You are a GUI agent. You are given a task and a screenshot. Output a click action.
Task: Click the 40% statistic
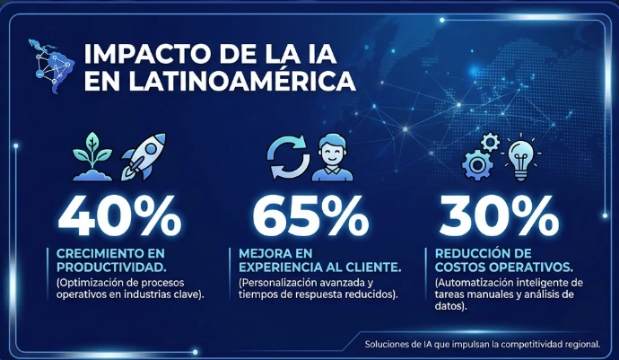click(119, 216)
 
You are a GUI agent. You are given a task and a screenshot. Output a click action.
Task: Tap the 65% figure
click(310, 216)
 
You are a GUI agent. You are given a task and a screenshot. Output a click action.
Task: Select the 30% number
click(499, 216)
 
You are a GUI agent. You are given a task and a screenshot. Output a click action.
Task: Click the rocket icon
click(144, 156)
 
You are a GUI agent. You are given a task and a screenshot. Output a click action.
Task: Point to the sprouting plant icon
click(92, 156)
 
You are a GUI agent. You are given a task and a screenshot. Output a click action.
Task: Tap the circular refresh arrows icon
click(288, 157)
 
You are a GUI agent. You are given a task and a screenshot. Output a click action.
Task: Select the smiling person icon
click(333, 157)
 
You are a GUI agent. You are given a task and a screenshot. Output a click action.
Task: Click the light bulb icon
click(520, 159)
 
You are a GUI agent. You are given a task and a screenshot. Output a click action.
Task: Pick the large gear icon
click(477, 165)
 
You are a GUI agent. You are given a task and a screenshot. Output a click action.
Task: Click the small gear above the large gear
click(490, 142)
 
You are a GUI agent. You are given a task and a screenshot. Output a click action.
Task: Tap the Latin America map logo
click(52, 66)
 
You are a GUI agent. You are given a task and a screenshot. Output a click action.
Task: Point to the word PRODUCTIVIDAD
click(111, 268)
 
